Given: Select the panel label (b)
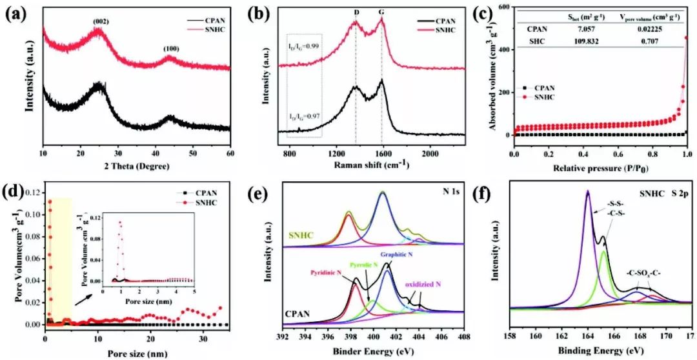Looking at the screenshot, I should tap(250, 13).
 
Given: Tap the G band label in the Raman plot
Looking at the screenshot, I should tap(381, 13).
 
